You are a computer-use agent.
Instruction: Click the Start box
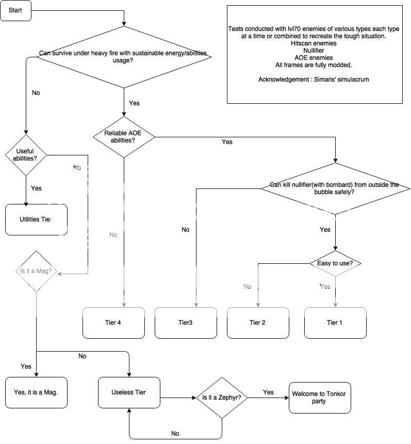tap(15, 11)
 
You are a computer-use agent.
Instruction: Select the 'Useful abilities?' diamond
tap(26, 154)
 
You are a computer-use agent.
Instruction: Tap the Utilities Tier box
tap(36, 219)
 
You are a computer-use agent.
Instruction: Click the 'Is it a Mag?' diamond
tap(36, 271)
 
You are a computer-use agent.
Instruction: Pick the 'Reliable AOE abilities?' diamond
tap(123, 137)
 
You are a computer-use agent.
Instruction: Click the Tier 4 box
tap(113, 323)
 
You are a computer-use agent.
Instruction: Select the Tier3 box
tap(186, 323)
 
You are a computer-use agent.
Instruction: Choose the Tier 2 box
tap(258, 323)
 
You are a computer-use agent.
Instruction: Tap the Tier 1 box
tap(335, 323)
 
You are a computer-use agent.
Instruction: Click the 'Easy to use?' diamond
tap(335, 263)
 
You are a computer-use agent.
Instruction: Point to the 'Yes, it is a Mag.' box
tap(36, 392)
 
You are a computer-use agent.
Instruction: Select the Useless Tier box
tap(129, 392)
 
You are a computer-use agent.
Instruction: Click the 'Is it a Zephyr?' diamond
tap(222, 398)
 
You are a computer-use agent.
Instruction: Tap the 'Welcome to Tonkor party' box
tap(319, 398)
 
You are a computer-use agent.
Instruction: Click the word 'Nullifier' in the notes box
tap(315, 51)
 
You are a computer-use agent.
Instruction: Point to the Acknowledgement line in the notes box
tap(314, 80)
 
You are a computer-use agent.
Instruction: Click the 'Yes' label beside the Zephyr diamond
tap(268, 392)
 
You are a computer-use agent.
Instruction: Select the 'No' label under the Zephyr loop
tap(175, 434)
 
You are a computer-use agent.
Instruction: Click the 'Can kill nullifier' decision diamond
tap(335, 188)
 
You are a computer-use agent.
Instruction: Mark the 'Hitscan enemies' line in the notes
tap(315, 43)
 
